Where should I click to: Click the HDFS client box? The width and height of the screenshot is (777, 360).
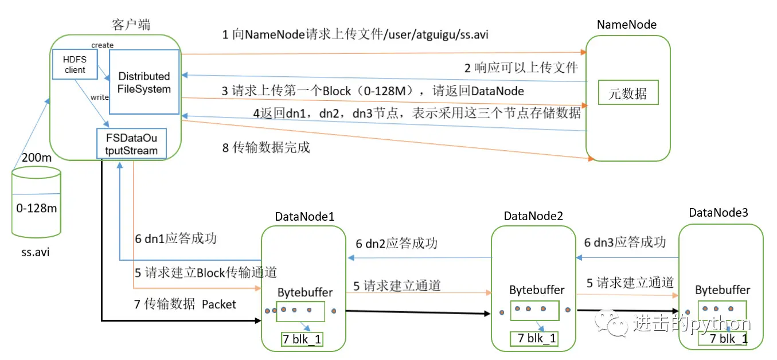tap(75, 64)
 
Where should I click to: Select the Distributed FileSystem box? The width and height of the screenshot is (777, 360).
tap(145, 82)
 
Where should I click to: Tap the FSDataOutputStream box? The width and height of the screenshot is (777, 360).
tap(131, 143)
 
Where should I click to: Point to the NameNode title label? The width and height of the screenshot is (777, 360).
tap(626, 25)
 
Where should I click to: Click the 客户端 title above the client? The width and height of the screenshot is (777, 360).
tap(132, 25)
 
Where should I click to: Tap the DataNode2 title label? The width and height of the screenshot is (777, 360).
tap(533, 216)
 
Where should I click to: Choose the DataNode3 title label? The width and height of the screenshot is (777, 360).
tap(719, 213)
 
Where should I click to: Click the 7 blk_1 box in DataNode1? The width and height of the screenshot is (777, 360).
tap(302, 339)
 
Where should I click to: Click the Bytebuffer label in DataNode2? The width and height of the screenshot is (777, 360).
tap(537, 290)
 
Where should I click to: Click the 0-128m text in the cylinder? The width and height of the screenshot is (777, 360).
tap(37, 208)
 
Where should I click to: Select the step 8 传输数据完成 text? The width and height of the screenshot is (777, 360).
tap(265, 147)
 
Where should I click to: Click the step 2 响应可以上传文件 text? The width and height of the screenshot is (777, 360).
tap(521, 68)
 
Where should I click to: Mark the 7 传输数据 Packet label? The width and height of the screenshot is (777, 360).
tap(185, 304)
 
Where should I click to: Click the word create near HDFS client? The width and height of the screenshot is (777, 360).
tap(103, 45)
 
